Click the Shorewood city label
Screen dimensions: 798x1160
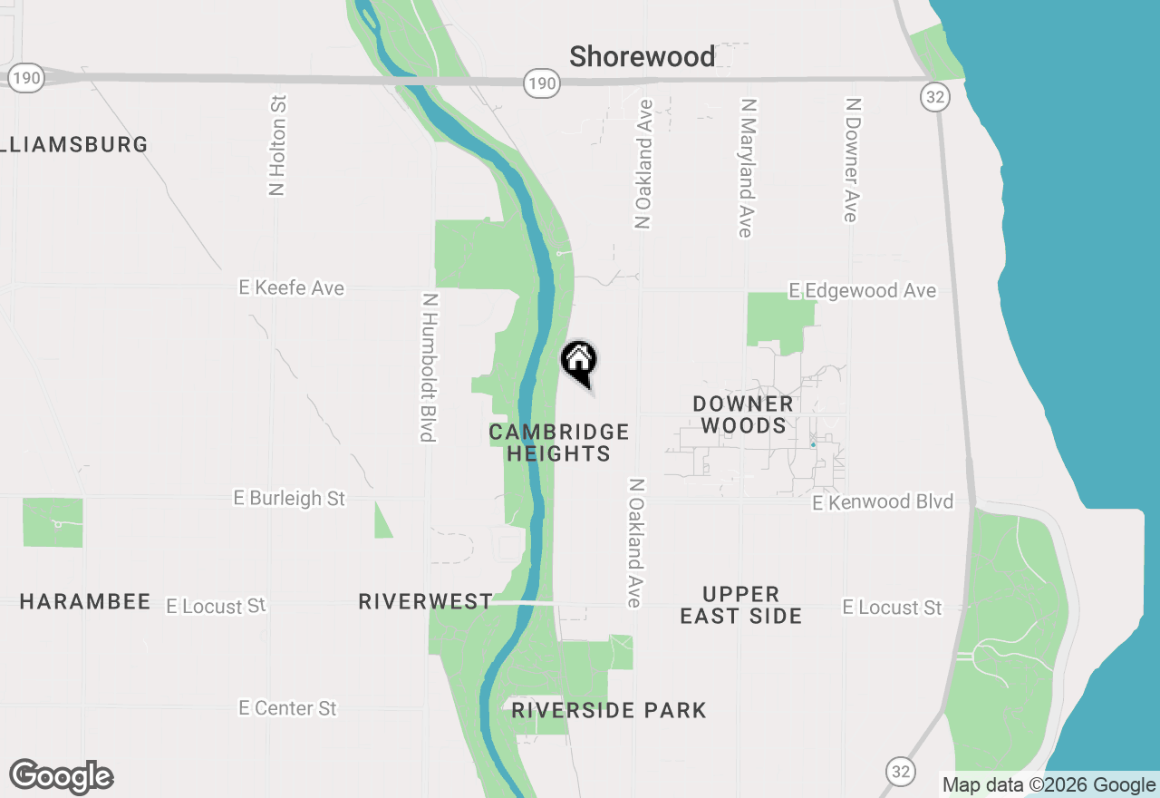[x=642, y=57]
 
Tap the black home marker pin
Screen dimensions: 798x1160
[x=579, y=362]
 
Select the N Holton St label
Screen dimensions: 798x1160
[x=277, y=145]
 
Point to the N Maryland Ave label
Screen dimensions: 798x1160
[x=746, y=168]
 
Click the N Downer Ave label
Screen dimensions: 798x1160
[x=851, y=160]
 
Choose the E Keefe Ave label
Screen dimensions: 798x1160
[x=291, y=288]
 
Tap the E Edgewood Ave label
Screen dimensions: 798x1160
[x=862, y=291]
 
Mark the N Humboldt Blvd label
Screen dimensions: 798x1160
[x=429, y=367]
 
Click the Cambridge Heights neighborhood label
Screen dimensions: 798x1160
[x=558, y=443]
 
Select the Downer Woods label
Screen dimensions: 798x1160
[x=743, y=414]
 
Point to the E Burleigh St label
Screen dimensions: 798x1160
[x=289, y=499]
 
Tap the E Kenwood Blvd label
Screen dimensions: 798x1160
[x=883, y=502]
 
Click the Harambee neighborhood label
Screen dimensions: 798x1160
[x=85, y=602]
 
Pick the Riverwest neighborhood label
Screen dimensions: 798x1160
[x=425, y=602]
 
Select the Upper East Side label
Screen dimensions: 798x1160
[x=740, y=605]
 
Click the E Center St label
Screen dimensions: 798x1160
[x=287, y=708]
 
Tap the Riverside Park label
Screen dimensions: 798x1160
[x=608, y=710]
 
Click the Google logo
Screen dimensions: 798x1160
[x=61, y=777]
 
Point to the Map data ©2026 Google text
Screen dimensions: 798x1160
[x=1049, y=785]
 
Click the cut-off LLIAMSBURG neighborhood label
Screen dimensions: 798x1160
[x=74, y=144]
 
